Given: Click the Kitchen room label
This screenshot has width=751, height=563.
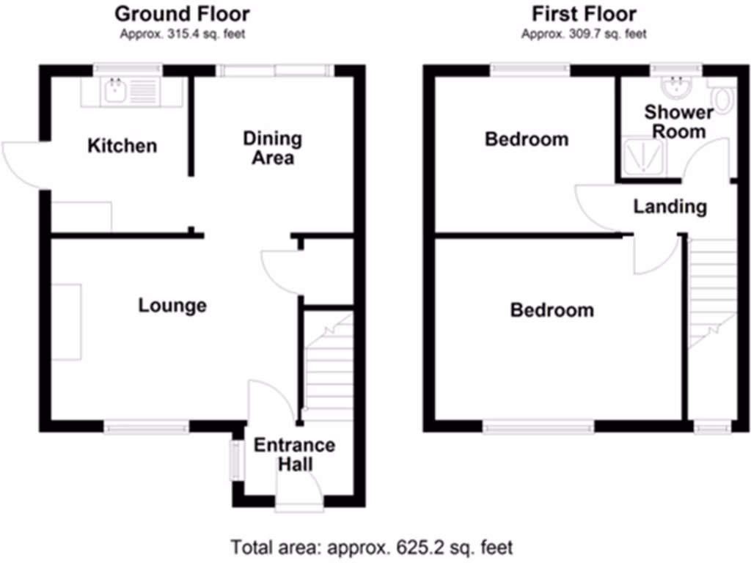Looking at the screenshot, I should tap(122, 145).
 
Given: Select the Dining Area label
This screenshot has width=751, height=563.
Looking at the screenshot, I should tap(272, 148).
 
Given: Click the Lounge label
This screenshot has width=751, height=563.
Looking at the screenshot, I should tap(172, 305).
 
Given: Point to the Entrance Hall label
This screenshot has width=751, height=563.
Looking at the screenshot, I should tap(294, 455).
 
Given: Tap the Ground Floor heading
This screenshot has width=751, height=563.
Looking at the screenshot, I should tap(182, 13).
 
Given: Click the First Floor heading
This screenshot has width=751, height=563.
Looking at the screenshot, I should tap(584, 13).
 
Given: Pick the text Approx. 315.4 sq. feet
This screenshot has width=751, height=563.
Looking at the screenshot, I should tap(182, 34).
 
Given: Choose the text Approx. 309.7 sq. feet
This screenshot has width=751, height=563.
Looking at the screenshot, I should tap(584, 34).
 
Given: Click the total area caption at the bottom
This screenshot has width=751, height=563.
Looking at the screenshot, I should tap(372, 547).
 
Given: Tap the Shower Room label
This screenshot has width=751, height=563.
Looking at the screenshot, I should tap(678, 122).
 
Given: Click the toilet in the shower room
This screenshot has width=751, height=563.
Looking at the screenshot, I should tap(722, 98).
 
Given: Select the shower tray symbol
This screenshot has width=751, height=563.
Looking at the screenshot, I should tap(644, 157).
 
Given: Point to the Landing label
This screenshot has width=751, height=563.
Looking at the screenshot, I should tap(670, 207).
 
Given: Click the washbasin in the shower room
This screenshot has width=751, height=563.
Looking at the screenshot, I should tap(673, 88).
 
